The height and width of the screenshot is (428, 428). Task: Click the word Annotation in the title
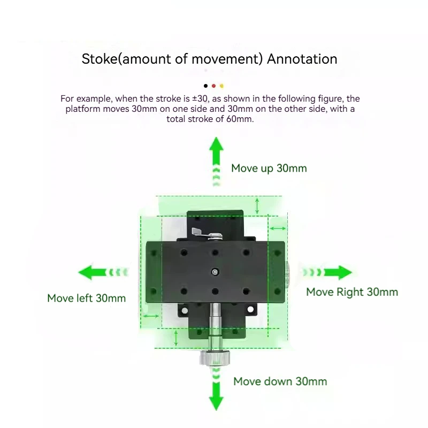[302, 59]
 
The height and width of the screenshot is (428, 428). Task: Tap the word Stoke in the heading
[100, 59]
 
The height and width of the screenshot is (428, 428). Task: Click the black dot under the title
[205, 86]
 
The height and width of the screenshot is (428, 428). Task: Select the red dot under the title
[213, 86]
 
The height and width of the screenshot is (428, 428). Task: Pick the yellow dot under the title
[221, 86]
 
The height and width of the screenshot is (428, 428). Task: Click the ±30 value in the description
[200, 98]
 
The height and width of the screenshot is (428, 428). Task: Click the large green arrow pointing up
[216, 162]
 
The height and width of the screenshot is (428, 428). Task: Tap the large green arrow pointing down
[216, 389]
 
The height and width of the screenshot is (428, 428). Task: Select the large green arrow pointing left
[103, 272]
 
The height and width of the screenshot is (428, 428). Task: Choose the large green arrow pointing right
[327, 272]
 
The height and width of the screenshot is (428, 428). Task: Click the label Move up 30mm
[269, 169]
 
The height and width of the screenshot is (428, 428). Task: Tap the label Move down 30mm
[280, 381]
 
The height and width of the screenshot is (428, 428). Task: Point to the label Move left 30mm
[87, 298]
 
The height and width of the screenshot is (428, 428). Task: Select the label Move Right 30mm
[352, 292]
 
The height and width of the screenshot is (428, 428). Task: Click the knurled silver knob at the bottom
[215, 358]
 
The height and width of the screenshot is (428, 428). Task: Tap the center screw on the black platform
[215, 272]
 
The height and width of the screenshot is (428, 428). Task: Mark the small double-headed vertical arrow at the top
[257, 206]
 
